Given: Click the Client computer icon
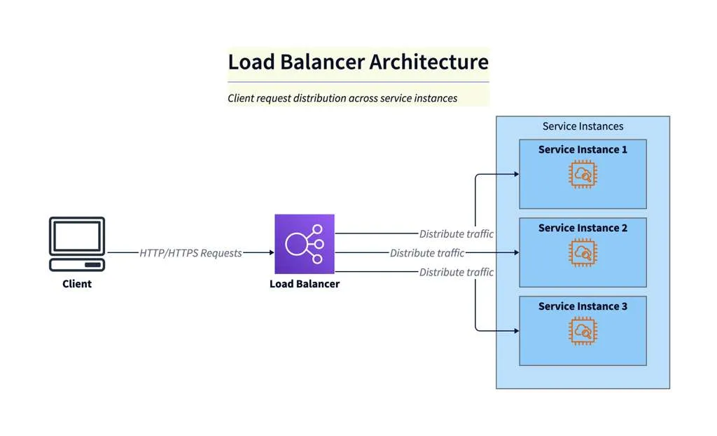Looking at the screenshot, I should click(77, 244).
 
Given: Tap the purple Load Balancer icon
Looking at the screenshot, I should click(304, 244).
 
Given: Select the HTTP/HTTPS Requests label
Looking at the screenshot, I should click(190, 253).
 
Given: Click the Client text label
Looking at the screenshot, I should click(77, 284).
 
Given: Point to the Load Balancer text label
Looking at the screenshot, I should click(304, 284).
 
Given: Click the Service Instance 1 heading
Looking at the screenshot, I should click(583, 149).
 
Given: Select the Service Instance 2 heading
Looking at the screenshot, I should click(583, 228).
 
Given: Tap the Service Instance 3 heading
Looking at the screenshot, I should click(583, 306).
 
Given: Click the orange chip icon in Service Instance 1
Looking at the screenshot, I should click(583, 175).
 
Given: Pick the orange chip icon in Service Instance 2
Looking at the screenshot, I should click(583, 253).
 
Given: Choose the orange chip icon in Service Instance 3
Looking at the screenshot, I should click(583, 332).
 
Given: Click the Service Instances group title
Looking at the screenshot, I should click(583, 126).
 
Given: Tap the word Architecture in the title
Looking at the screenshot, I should click(429, 62).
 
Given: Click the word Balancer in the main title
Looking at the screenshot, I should click(323, 62).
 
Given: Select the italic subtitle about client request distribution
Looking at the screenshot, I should click(342, 98).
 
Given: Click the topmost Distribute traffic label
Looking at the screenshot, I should click(456, 234).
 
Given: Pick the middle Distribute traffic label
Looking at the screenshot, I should click(427, 253).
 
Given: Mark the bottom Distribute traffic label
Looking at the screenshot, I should click(456, 272).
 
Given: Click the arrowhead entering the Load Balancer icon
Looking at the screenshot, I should click(271, 253).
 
